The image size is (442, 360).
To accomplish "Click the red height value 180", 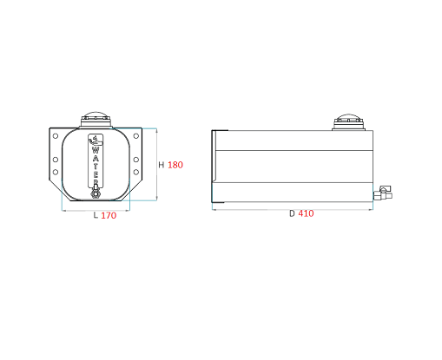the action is [175, 165].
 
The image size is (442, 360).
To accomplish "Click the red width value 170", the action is [109, 215].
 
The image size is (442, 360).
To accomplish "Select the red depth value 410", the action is [306, 213].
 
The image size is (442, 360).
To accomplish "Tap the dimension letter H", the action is [162, 165].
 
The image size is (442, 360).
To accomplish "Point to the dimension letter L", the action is [96, 215].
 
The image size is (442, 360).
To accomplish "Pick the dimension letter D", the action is [292, 213].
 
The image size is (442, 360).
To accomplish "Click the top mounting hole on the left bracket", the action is [56, 136].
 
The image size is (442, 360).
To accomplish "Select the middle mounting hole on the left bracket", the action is [56, 160].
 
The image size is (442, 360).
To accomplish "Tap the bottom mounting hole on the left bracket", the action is [56, 172].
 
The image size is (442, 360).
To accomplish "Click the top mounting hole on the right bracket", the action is [136, 136].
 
